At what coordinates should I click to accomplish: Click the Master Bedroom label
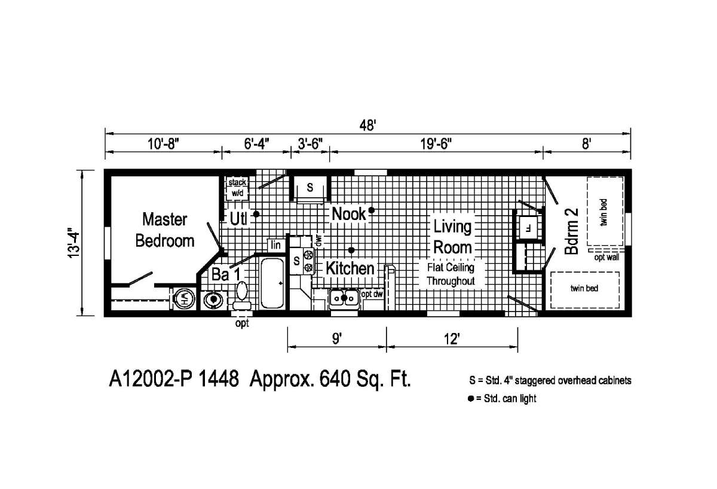164,230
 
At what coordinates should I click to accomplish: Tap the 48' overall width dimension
367,126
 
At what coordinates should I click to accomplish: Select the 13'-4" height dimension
73,242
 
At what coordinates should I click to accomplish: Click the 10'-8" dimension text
163,144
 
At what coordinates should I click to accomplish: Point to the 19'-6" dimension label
435,144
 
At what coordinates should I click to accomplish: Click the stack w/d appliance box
237,188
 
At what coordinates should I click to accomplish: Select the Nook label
348,213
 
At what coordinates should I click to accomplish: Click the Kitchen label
350,268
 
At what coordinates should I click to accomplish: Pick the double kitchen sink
344,297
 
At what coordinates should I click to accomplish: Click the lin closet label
275,245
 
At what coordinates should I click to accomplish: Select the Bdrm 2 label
572,237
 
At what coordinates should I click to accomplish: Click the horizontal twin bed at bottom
584,289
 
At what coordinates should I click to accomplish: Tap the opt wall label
606,258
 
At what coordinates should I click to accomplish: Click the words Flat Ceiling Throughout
451,274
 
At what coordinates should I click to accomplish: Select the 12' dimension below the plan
452,340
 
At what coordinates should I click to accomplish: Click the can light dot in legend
471,399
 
